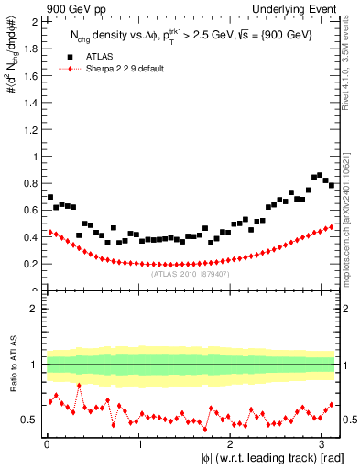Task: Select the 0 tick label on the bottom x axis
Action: pos(46,444)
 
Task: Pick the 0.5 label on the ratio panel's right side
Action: pos(347,420)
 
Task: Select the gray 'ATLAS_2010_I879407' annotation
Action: pos(190,273)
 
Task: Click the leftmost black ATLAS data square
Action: pos(50,197)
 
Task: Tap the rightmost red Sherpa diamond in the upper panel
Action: pos(331,226)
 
